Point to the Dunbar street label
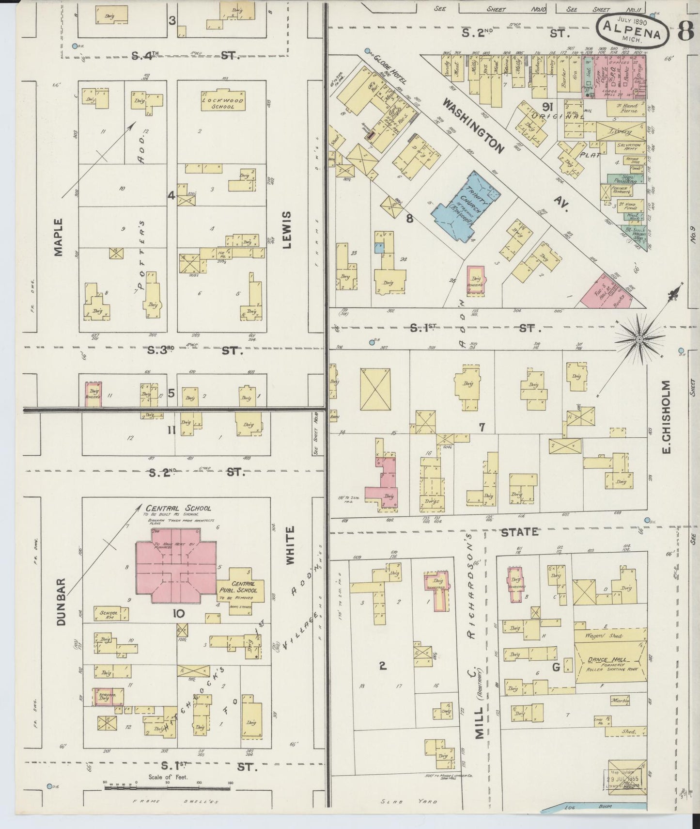[x=61, y=601]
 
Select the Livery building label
[x=622, y=131]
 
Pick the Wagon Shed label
[x=606, y=636]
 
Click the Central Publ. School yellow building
[x=240, y=591]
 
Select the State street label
[x=519, y=532]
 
